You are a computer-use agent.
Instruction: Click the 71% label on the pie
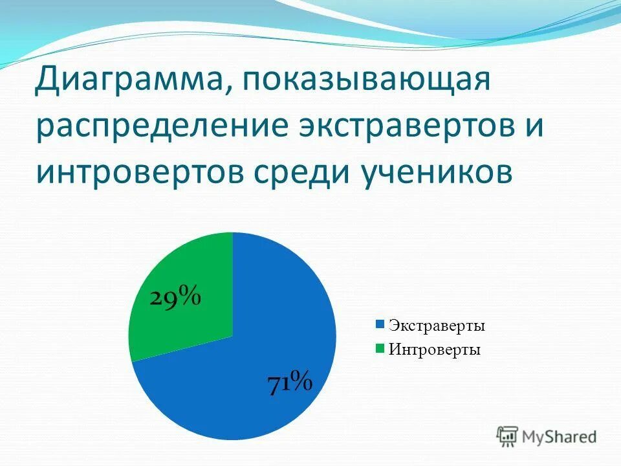pos(290,382)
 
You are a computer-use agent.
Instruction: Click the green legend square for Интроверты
pos(380,349)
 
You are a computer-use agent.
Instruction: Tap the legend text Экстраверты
pos(437,326)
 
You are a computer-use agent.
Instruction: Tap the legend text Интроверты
pos(434,350)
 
